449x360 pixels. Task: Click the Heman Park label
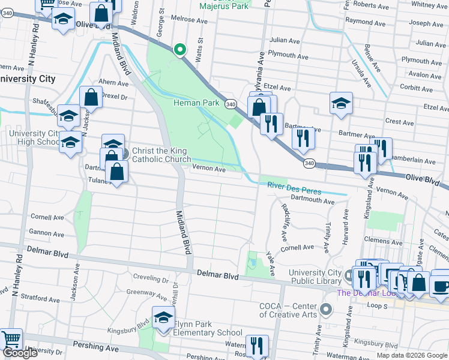(x=196, y=103)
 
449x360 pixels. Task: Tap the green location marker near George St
(x=179, y=50)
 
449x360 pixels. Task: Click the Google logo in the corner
(x=19, y=353)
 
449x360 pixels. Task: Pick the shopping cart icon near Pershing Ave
(x=10, y=340)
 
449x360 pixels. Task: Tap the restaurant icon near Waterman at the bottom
(x=258, y=345)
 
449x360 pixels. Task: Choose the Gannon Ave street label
(x=47, y=233)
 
